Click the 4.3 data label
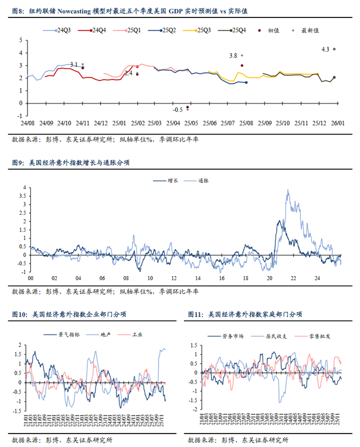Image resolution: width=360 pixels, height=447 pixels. [x=325, y=49]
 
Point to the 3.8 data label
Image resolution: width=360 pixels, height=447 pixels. [x=233, y=56]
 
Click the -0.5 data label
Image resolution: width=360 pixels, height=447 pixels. [x=178, y=109]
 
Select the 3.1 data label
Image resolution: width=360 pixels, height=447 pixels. [x=74, y=65]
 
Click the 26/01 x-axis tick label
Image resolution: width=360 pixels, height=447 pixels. [x=337, y=123]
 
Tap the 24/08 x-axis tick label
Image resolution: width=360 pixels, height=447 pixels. [x=27, y=123]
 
